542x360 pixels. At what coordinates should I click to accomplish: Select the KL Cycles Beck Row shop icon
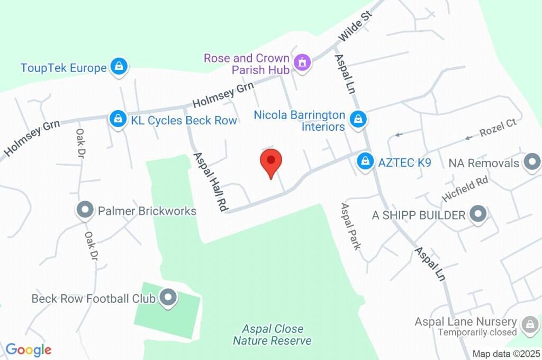117,119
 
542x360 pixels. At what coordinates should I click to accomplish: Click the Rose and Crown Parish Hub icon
303,63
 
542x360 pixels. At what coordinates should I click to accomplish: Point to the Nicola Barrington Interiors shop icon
359,119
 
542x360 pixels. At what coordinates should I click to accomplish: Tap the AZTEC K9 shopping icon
365,161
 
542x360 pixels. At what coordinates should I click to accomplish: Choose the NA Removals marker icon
531,163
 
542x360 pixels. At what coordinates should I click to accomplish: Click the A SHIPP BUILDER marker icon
478,214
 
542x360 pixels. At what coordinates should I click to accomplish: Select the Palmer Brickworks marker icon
85,211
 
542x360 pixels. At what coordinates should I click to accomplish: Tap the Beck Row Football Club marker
169,298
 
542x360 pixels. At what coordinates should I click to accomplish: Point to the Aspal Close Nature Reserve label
272,335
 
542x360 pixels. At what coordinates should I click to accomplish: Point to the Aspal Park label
351,227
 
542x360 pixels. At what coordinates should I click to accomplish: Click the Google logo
29,349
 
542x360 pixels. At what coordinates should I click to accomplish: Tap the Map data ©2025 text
507,354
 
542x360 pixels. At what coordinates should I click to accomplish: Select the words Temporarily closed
477,332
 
